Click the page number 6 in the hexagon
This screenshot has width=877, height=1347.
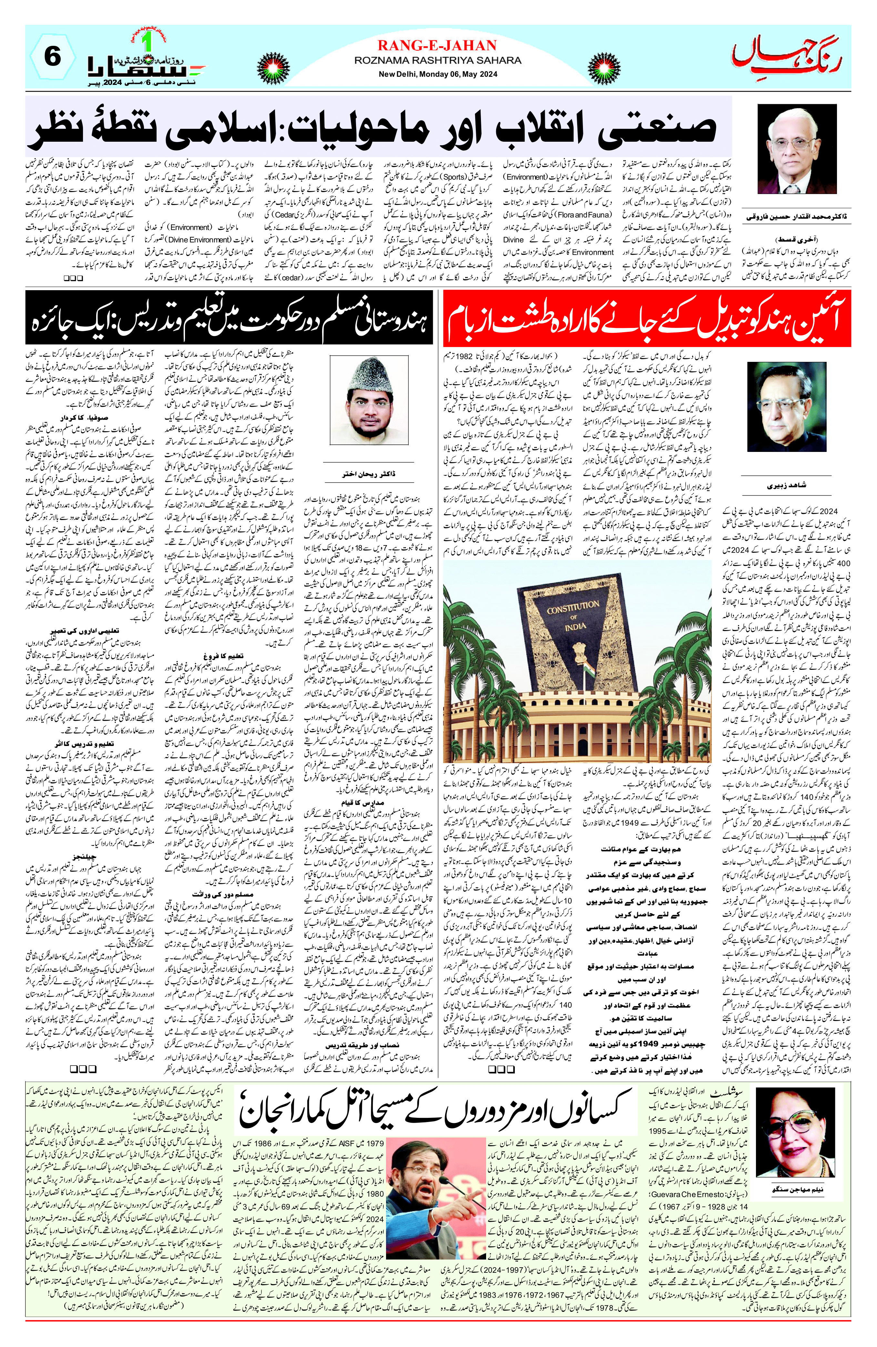coord(52,57)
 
